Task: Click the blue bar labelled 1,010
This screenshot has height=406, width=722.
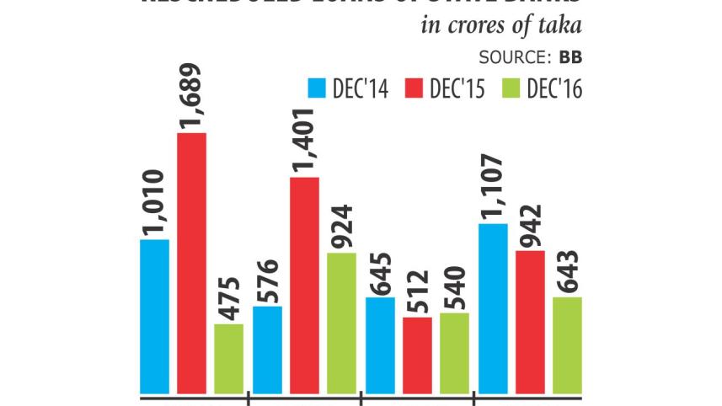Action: [x=154, y=317]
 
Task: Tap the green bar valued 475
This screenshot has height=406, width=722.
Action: [x=228, y=359]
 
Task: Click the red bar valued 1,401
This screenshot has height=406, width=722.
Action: [x=304, y=285]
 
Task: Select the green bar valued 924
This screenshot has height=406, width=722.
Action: [x=341, y=323]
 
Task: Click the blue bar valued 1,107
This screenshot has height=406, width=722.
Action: [x=493, y=308]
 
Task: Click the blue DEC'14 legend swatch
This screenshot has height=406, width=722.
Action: [x=317, y=88]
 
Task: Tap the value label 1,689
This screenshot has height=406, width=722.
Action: [x=192, y=95]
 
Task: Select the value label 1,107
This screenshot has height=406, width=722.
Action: [x=493, y=186]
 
